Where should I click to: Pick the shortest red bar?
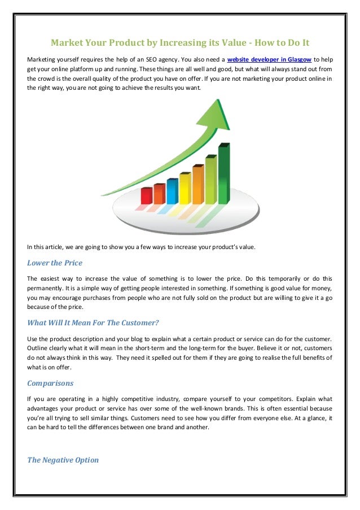click(x=147, y=195)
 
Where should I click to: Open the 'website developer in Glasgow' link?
click(x=269, y=59)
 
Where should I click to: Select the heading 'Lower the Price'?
click(x=55, y=263)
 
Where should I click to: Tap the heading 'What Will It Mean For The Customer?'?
click(x=93, y=323)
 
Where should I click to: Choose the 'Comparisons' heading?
click(x=50, y=383)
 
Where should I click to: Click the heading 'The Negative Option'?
click(x=63, y=460)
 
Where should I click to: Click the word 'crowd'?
click(x=59, y=79)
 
